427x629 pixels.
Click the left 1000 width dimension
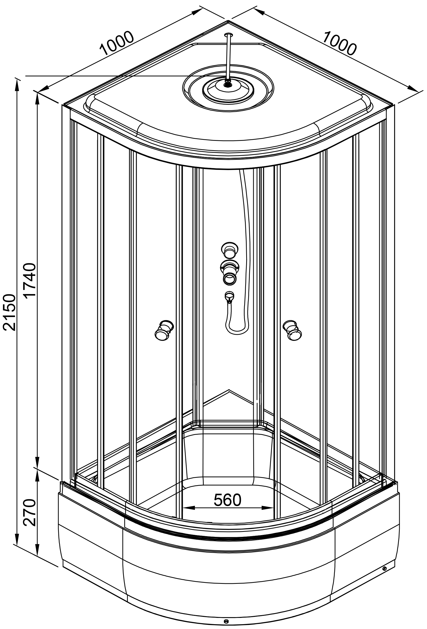point(117,43)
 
